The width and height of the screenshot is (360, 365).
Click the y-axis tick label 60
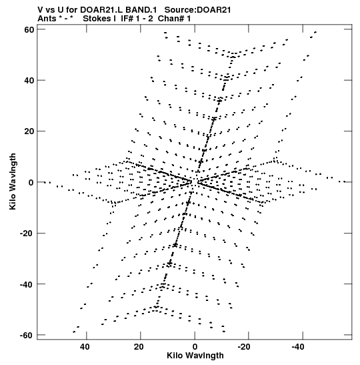pos(29,29)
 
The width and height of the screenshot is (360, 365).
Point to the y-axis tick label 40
pos(29,80)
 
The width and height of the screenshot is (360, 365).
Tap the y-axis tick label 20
pos(29,131)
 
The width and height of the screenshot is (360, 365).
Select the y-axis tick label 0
pos(31,182)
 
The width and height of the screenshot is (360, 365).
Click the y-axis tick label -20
pos(27,233)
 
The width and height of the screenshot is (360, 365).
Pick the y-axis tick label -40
pos(27,284)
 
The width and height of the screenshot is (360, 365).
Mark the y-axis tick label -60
pos(27,335)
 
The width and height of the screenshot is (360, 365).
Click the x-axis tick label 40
pos(85,347)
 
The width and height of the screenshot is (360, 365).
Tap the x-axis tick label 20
pos(139,347)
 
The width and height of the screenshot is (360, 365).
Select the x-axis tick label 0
pos(195,347)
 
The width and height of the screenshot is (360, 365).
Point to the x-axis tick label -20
pos(244,347)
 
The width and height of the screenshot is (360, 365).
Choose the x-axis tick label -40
pos(298,347)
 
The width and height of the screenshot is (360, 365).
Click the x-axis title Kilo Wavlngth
pos(195,356)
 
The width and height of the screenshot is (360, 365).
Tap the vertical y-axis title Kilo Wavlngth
pos(13,181)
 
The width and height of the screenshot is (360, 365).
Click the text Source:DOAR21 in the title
pos(198,10)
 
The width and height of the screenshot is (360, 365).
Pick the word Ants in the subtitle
pos(47,19)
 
